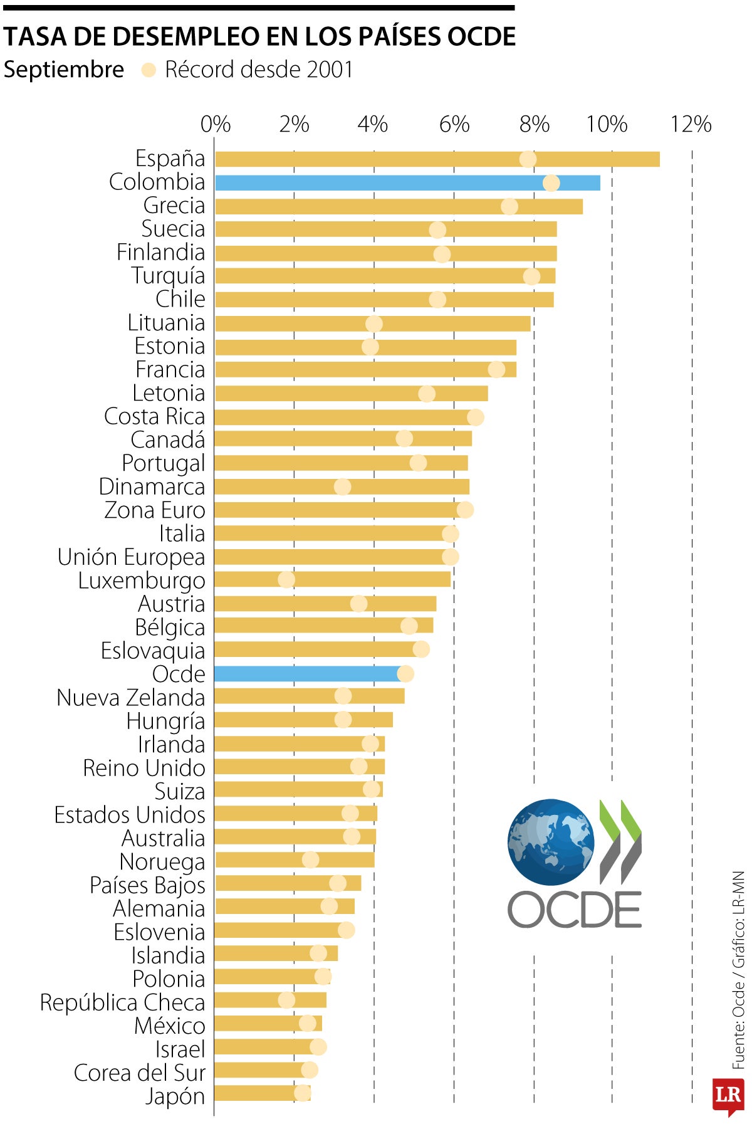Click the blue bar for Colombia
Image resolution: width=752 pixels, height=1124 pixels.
(x=407, y=182)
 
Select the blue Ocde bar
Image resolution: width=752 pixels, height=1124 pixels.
(x=307, y=674)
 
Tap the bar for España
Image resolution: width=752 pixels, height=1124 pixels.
(x=437, y=159)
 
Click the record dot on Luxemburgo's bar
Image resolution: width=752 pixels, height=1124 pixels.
(x=286, y=579)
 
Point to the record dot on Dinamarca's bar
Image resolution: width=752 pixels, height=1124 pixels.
(x=342, y=486)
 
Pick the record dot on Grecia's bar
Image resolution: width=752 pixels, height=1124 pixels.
(x=509, y=206)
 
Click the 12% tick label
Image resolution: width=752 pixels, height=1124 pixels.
(x=691, y=124)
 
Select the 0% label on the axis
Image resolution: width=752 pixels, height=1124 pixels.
(x=215, y=124)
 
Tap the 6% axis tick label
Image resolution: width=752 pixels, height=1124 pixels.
(x=454, y=124)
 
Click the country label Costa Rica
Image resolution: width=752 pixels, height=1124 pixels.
(x=154, y=416)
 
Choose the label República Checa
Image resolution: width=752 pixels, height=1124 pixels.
(x=122, y=1002)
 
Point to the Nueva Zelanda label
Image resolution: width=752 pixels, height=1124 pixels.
(x=130, y=697)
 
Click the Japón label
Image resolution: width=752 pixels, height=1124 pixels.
(x=175, y=1096)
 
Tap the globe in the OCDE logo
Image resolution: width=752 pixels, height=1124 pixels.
(x=550, y=842)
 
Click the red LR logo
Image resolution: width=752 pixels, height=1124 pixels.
(x=728, y=1095)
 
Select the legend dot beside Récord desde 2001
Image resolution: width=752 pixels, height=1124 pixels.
(x=149, y=70)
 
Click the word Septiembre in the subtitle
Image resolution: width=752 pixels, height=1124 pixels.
(x=63, y=70)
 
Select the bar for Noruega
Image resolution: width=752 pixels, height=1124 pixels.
(x=295, y=860)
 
